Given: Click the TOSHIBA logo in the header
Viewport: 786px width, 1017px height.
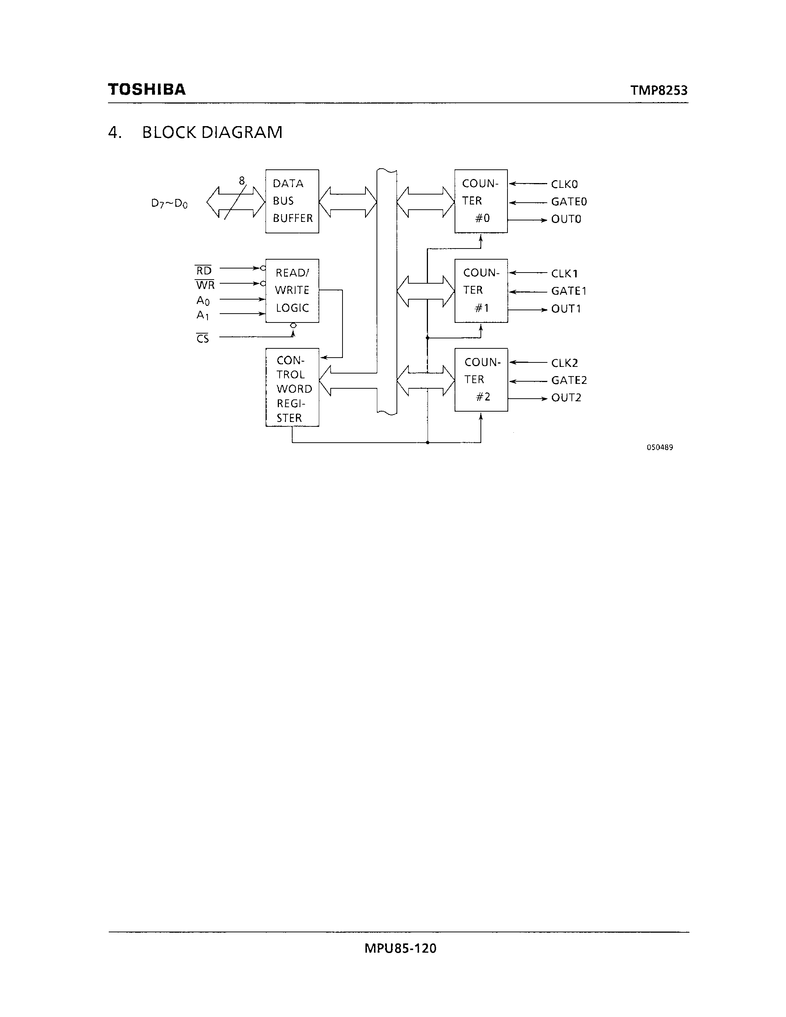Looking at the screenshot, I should [147, 89].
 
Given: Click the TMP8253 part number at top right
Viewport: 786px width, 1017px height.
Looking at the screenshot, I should [658, 90].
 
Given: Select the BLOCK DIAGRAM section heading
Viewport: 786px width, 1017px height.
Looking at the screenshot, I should [212, 132].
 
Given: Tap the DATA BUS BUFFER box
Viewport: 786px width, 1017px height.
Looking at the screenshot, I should [292, 201].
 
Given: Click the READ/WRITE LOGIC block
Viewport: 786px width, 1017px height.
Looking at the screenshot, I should [292, 291].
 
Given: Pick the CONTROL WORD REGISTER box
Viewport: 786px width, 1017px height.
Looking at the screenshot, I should [292, 388].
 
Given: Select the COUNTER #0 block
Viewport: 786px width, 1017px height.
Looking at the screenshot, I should [480, 201].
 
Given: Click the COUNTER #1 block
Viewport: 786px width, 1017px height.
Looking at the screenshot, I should [480, 291].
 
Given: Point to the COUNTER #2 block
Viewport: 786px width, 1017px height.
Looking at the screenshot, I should [480, 379].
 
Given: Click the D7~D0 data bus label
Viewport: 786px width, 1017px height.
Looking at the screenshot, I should [169, 203].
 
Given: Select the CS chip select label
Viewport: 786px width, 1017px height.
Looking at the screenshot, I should [203, 338].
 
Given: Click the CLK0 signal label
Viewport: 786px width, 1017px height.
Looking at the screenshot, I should [564, 185].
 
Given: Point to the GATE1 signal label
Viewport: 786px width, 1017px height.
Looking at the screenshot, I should [569, 291].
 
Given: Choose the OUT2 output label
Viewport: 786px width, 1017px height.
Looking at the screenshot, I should [566, 398].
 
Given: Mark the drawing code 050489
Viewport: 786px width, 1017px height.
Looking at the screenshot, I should [660, 447].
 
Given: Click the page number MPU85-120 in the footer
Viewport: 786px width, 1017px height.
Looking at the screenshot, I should [400, 948].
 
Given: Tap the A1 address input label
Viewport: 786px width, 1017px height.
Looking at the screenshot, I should [203, 315].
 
